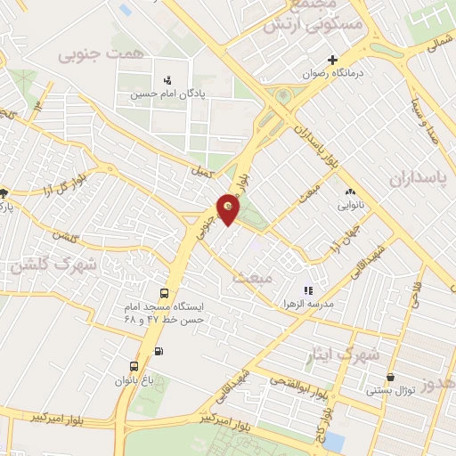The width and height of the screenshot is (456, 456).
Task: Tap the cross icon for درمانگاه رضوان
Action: click(333, 61)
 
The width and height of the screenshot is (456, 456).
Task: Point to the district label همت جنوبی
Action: click(101, 54)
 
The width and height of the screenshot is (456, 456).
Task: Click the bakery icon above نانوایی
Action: click(349, 191)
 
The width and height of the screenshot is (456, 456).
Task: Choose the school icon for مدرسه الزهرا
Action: click(308, 290)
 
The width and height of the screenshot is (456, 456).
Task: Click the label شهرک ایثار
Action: click(348, 354)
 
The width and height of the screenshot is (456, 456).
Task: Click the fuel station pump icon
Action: click(159, 350)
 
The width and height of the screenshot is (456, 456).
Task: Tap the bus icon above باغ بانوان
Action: click(134, 366)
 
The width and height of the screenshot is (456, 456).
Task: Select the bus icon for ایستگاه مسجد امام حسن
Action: click(164, 293)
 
